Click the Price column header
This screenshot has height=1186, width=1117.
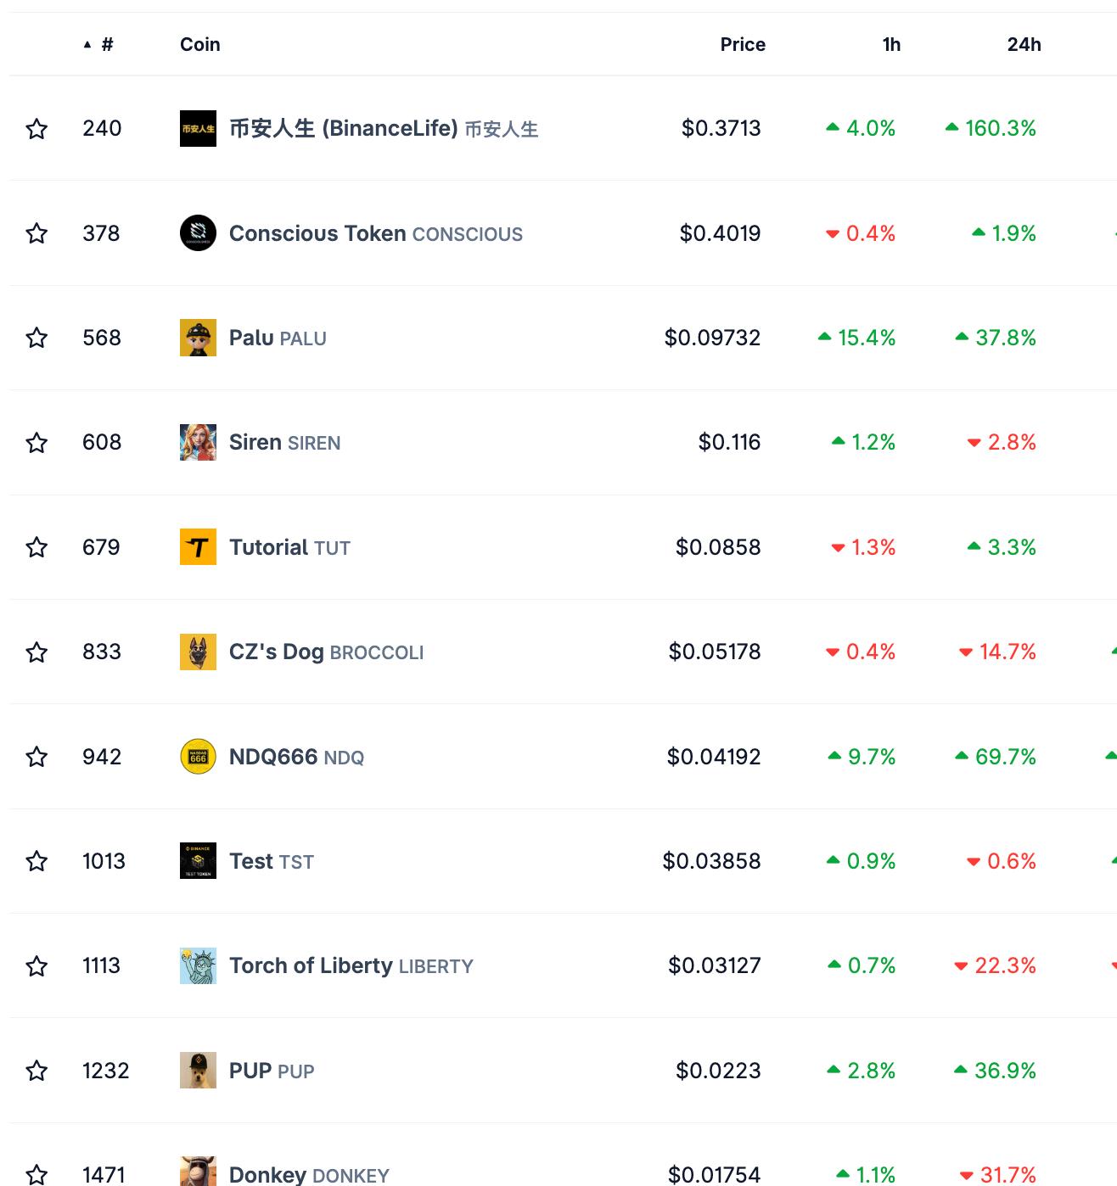pos(742,44)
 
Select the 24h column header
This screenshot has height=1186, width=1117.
pos(1024,44)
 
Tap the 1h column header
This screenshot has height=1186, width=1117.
pos(890,44)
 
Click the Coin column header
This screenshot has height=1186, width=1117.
pos(199,44)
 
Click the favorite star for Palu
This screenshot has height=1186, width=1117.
pos(36,338)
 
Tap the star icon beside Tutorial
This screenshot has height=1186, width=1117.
pos(36,547)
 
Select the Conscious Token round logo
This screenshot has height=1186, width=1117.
pos(198,233)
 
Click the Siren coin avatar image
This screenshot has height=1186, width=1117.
pos(198,442)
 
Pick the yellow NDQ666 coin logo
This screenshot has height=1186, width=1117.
pos(198,757)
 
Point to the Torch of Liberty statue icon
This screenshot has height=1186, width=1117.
pos(198,965)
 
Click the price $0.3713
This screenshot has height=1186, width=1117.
pos(721,128)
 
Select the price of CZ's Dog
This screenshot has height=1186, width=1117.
pos(714,652)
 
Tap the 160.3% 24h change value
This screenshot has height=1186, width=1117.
pos(1000,128)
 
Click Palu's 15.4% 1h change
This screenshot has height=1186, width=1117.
pos(866,338)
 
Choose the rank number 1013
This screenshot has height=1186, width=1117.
pos(104,861)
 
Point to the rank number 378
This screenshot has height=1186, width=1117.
pos(101,233)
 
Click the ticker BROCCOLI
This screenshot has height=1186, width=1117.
pos(376,652)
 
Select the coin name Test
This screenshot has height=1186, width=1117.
pos(250,861)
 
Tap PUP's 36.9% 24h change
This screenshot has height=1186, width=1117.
pos(1004,1071)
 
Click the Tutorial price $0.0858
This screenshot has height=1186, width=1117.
pos(717,547)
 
